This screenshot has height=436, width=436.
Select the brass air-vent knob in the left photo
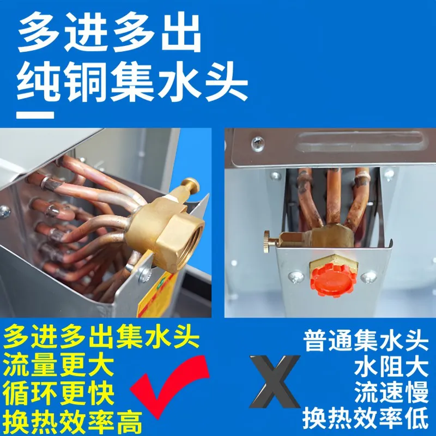[x=191, y=186]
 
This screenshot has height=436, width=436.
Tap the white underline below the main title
[x=35, y=115]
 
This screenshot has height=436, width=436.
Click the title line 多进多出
[x=110, y=33]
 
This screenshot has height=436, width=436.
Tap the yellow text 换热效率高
[x=73, y=421]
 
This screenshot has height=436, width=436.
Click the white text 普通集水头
[x=366, y=341]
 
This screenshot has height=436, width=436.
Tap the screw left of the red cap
[x=295, y=276]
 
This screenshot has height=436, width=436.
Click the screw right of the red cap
[x=368, y=277]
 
